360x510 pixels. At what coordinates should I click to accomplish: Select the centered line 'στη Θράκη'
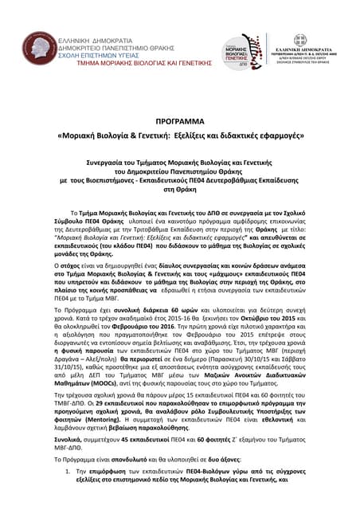pos(179,190)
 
